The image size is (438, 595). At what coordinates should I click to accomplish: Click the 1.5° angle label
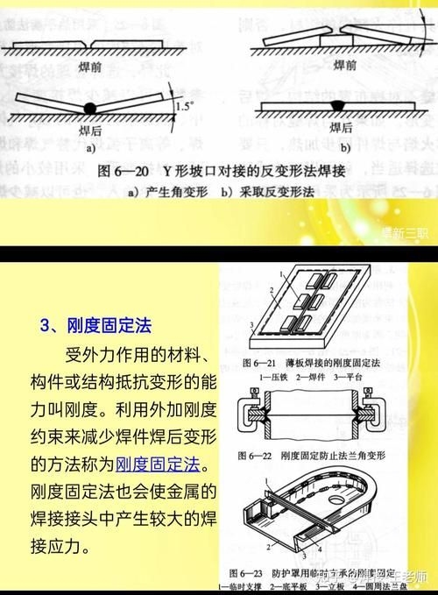(183, 107)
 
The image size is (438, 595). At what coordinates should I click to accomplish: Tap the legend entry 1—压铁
(261, 374)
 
